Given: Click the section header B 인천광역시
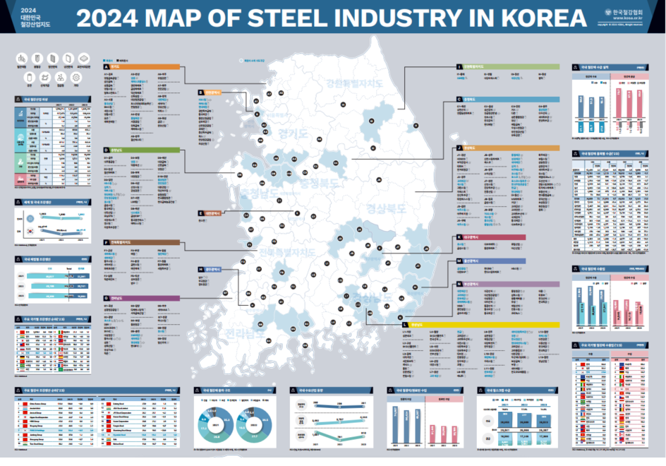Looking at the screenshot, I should click(210, 92).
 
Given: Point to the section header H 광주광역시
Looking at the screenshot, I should click(210, 269).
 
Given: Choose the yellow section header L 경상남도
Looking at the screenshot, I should click(480, 325).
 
